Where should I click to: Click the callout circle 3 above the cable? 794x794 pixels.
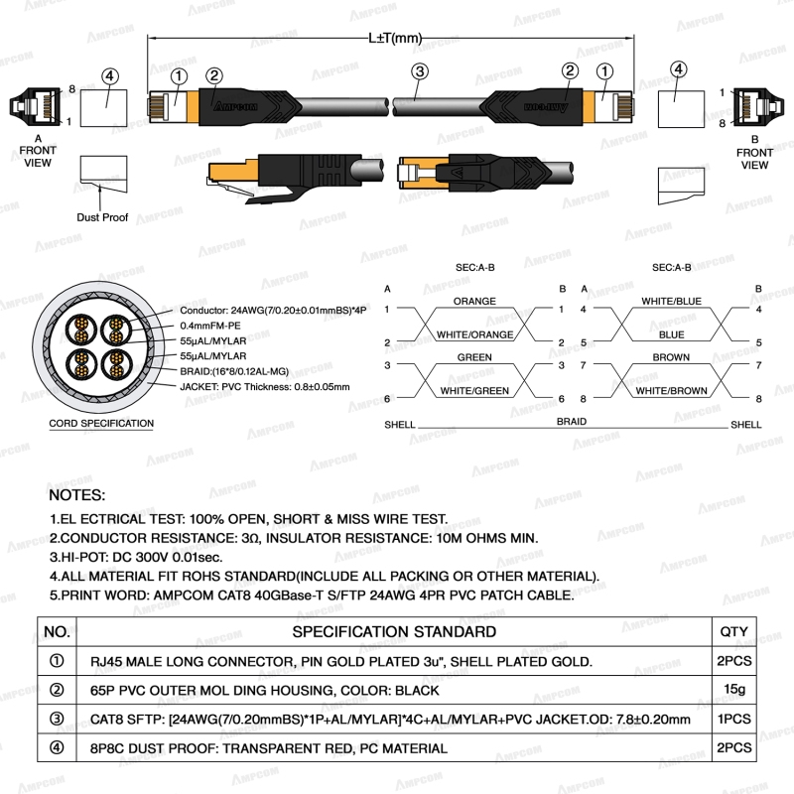point(420,70)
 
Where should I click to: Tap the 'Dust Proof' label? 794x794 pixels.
point(102,216)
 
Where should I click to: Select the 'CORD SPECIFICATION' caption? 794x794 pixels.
point(101,424)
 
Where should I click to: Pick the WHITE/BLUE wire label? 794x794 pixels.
point(671,301)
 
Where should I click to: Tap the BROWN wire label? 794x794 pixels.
point(671,356)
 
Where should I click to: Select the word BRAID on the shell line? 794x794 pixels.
point(571,422)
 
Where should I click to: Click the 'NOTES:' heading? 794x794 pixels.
point(76,494)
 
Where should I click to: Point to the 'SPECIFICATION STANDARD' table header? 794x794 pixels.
point(394,631)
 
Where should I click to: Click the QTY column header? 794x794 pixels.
point(732,631)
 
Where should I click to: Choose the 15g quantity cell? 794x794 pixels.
point(732,689)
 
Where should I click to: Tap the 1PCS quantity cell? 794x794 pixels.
point(732,719)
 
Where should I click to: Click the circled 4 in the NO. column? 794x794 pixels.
point(57,748)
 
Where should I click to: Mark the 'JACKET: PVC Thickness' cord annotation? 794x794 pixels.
point(265,386)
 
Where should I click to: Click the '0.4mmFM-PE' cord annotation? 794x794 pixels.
point(212,325)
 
